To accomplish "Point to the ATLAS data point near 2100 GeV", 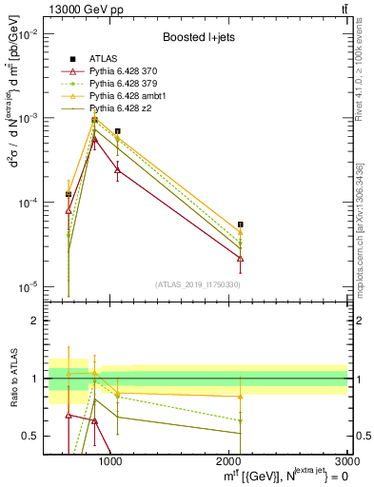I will [241, 224].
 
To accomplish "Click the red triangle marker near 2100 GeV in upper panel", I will [241, 258].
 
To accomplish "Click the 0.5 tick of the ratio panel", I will [34, 436].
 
